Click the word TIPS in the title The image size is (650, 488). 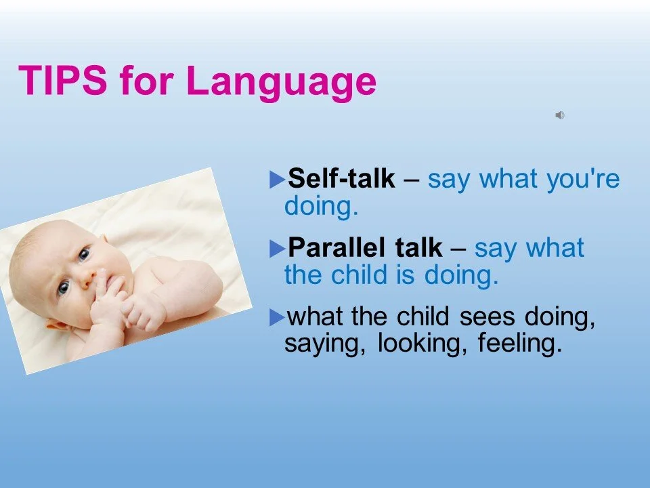(62, 80)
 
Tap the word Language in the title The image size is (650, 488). (282, 83)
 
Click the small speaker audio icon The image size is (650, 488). (560, 115)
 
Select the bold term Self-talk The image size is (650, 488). (341, 178)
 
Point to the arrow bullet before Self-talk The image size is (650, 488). (277, 180)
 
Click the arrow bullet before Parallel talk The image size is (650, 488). (277, 249)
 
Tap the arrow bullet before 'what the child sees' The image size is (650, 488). (277, 318)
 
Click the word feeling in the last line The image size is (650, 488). (519, 344)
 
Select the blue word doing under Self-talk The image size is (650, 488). (321, 206)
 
